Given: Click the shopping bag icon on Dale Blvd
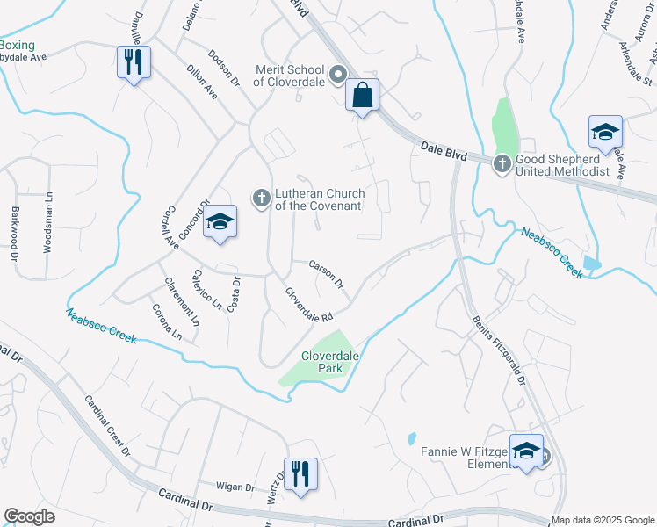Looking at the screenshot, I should pyautogui.click(x=362, y=94).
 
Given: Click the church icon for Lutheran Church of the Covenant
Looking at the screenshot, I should pyautogui.click(x=261, y=199).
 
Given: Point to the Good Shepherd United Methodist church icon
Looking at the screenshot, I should pyautogui.click(x=502, y=163).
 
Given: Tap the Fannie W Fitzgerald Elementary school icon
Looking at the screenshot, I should pyautogui.click(x=526, y=451).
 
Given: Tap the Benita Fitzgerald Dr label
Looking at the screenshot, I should pyautogui.click(x=498, y=352).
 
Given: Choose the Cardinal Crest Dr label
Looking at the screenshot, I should pyautogui.click(x=107, y=427).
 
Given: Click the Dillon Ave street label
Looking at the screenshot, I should pyautogui.click(x=202, y=80).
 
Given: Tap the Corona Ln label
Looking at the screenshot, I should pyautogui.click(x=167, y=322).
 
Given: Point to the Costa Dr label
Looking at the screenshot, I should pyautogui.click(x=234, y=293).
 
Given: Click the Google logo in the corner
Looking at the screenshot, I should pyautogui.click(x=29, y=516).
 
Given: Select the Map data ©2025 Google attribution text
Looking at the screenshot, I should pyautogui.click(x=603, y=520).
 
